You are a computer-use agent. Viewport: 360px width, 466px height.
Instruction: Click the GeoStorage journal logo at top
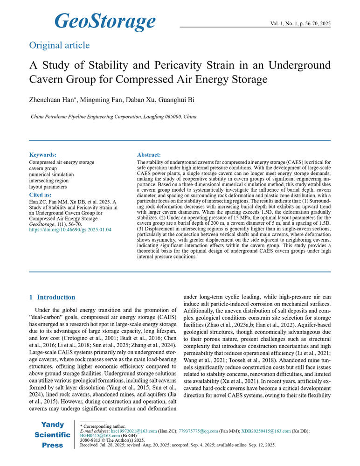[x=104, y=21]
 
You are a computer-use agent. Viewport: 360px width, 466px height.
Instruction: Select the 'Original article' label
[x=59, y=45]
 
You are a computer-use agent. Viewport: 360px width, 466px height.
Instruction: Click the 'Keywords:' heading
[x=43, y=155]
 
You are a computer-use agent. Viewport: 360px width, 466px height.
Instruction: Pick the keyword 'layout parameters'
[x=48, y=187]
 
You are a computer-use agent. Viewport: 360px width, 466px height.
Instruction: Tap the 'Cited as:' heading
[x=40, y=195]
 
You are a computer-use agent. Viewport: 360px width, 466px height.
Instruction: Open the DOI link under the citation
[x=70, y=230]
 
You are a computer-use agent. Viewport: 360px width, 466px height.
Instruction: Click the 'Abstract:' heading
[x=149, y=155]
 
